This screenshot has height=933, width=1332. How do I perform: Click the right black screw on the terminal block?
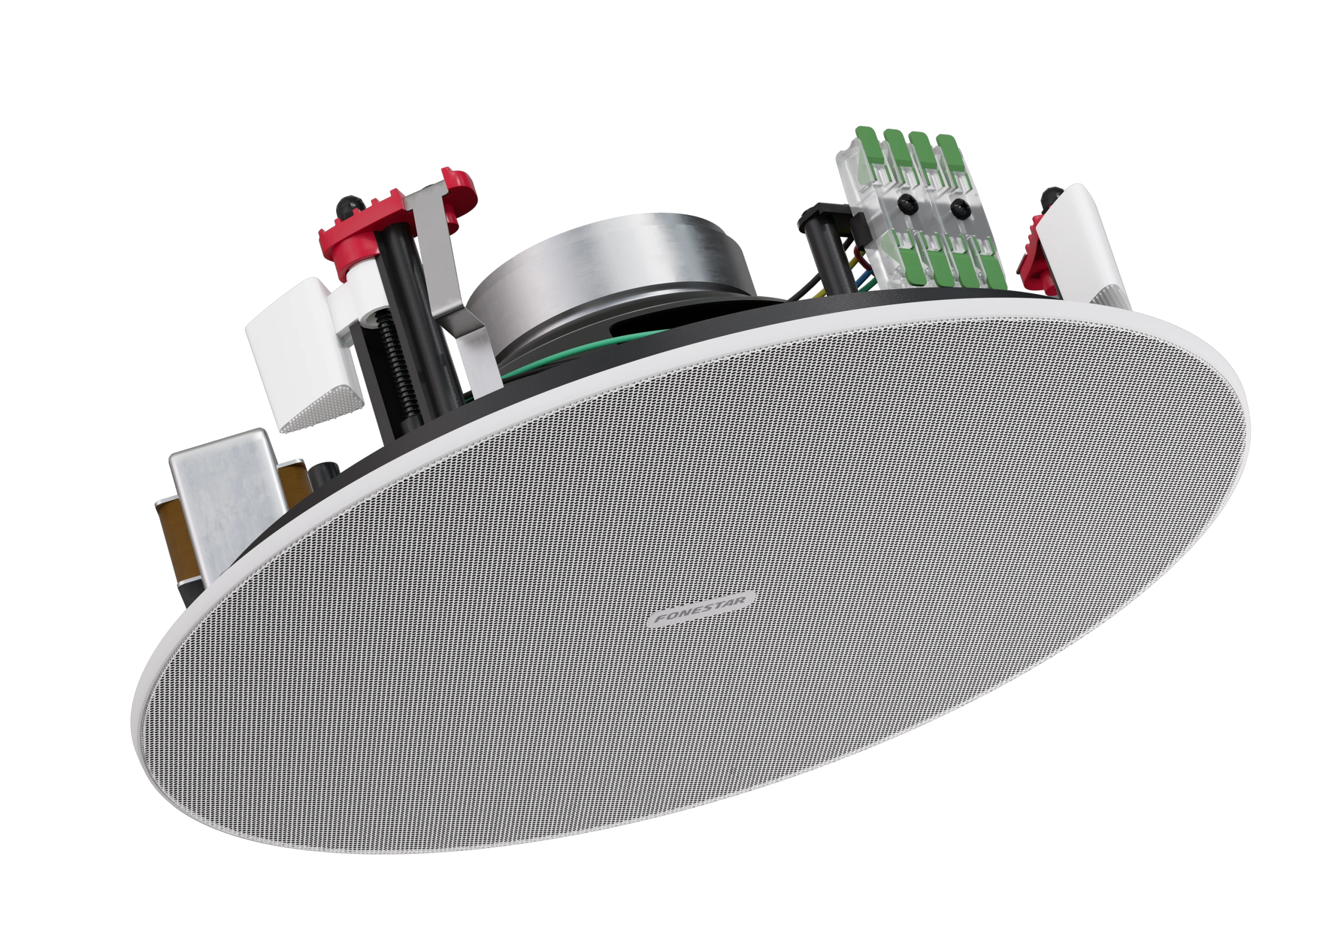click(x=958, y=205)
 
